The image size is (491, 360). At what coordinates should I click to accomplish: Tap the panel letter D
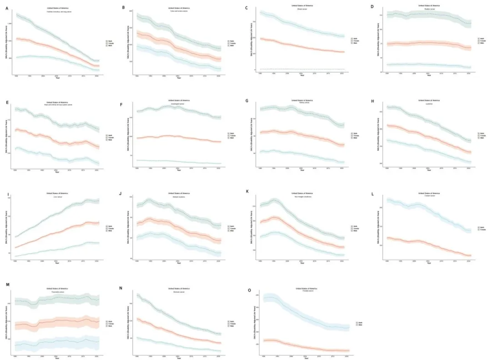372,7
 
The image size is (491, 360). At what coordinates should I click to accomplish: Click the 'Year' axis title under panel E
56,172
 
